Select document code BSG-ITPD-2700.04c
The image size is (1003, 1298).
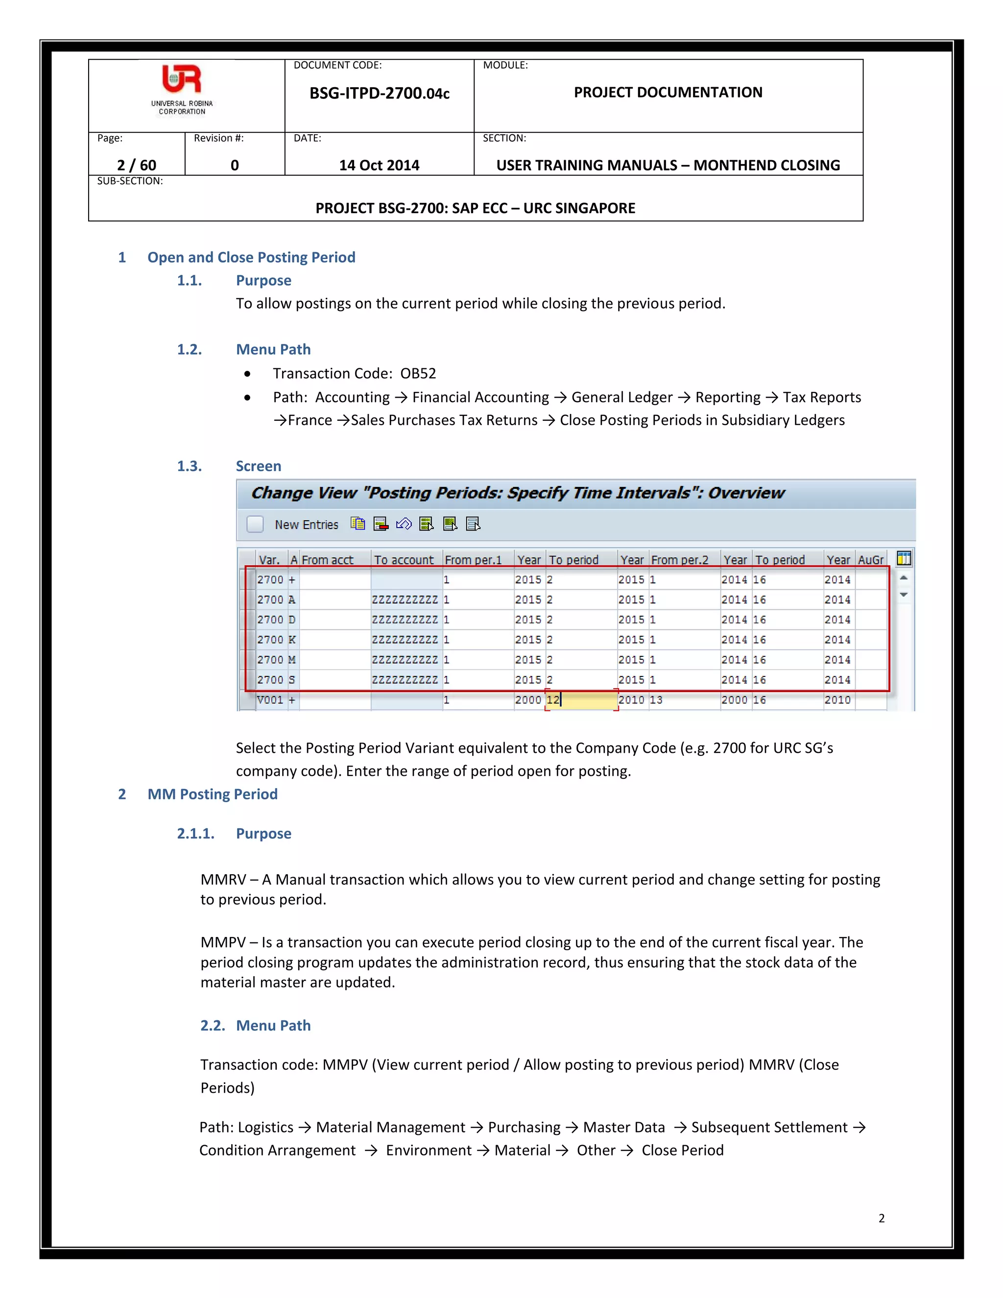(x=379, y=93)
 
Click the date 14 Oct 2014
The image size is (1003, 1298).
(x=379, y=165)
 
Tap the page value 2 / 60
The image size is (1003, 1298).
(x=137, y=165)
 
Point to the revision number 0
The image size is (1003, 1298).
(x=235, y=165)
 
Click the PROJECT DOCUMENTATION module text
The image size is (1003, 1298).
(x=668, y=92)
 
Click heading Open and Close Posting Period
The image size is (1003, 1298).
(x=251, y=257)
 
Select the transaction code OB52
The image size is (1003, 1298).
(x=418, y=373)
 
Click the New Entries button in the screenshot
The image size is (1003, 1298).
(x=306, y=524)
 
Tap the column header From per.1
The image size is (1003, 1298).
(x=473, y=560)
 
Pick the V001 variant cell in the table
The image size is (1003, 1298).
(x=270, y=700)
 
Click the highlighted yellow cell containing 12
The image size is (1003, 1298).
(x=580, y=700)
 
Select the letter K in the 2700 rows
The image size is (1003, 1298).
(x=292, y=640)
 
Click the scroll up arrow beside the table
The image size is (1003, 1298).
(x=904, y=577)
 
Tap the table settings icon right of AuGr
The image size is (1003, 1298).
(x=904, y=559)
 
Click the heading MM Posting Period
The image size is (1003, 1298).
(x=212, y=794)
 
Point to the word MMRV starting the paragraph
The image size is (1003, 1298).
(x=223, y=880)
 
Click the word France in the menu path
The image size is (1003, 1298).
(x=310, y=420)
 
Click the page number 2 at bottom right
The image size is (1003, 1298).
(x=881, y=1218)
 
